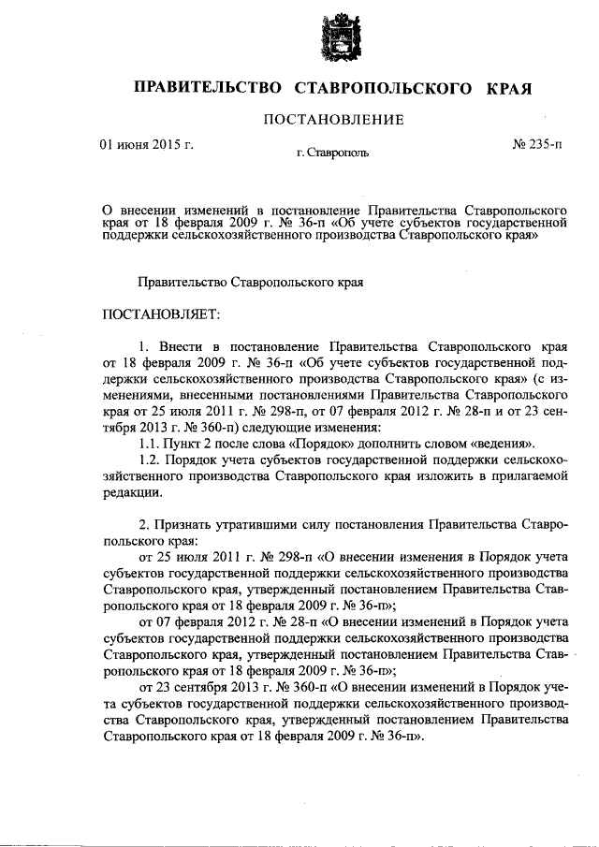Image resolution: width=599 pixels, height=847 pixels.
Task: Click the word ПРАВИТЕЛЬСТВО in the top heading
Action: (208, 88)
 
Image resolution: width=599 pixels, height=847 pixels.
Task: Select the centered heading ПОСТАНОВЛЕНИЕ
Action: (333, 119)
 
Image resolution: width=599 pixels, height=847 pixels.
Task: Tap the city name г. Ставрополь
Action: (333, 151)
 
